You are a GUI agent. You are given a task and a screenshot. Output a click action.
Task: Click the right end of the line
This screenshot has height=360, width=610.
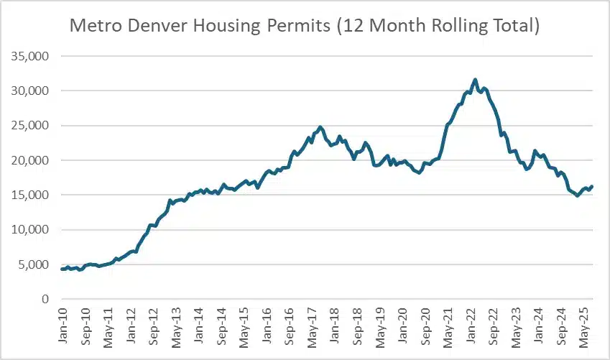(x=592, y=186)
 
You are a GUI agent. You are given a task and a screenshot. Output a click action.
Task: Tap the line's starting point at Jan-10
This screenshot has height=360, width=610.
(x=63, y=269)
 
